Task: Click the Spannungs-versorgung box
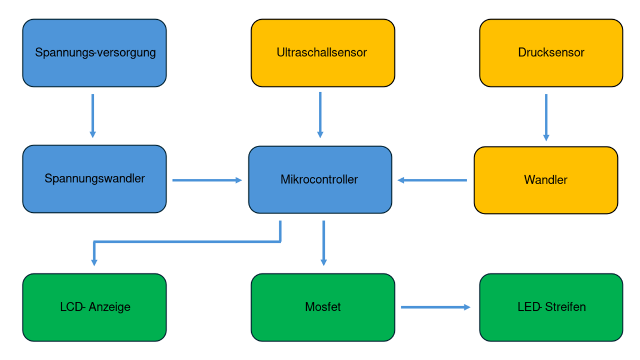pyautogui.click(x=95, y=53)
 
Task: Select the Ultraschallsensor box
pyautogui.click(x=322, y=53)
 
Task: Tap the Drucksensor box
pyautogui.click(x=551, y=53)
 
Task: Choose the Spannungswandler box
pyautogui.click(x=95, y=179)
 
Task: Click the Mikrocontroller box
pyautogui.click(x=320, y=179)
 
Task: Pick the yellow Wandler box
pyautogui.click(x=545, y=180)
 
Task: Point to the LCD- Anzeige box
pyautogui.click(x=95, y=307)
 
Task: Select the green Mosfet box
pyautogui.click(x=322, y=307)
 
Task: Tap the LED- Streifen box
pyautogui.click(x=551, y=307)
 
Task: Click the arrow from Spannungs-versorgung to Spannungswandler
pyautogui.click(x=93, y=115)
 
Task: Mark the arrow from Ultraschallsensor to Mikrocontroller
pyautogui.click(x=320, y=115)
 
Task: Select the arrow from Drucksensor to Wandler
pyautogui.click(x=546, y=117)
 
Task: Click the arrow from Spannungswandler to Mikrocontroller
pyautogui.click(x=207, y=179)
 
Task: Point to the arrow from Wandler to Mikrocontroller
pyautogui.click(x=432, y=179)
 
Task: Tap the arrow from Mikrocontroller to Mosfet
pyautogui.click(x=324, y=243)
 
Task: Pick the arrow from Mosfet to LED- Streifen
pyautogui.click(x=435, y=307)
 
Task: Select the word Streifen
pyautogui.click(x=565, y=307)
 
